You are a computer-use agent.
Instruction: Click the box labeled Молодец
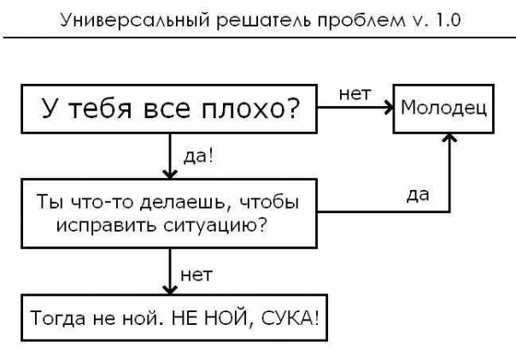click(x=443, y=109)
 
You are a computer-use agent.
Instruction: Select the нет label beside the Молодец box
click(x=355, y=94)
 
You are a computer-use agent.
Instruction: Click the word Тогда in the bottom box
click(x=55, y=319)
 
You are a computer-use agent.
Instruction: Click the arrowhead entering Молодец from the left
click(x=387, y=109)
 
